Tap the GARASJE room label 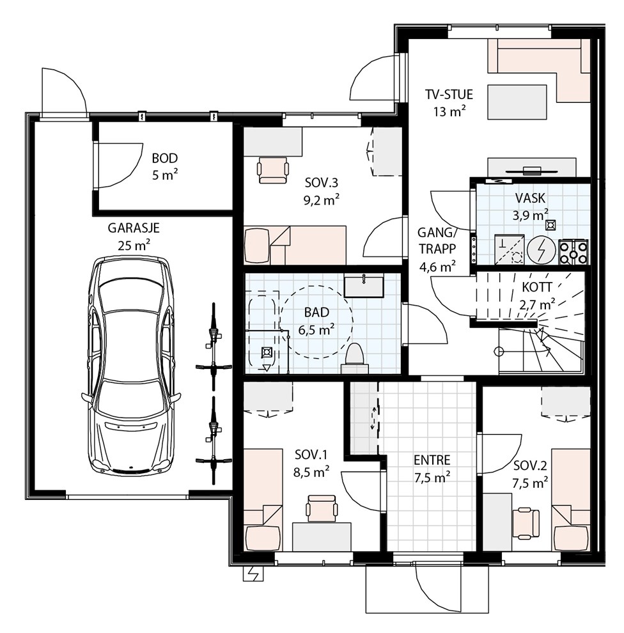coord(134,228)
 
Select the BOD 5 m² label coord(165,166)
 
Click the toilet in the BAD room coord(355,357)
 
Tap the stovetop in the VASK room coord(573,252)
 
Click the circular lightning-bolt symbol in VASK coord(542,252)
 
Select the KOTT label coord(537,288)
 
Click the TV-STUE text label coord(449,95)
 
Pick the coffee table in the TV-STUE coord(517,102)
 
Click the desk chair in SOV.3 coord(273,170)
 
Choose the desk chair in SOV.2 coord(526,524)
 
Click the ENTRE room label coord(432,460)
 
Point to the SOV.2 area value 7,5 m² coord(530,483)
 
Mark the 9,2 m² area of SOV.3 coord(322,200)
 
